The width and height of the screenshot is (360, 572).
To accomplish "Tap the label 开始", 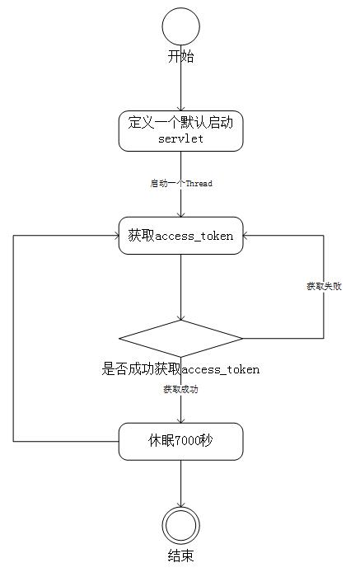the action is coord(181,57).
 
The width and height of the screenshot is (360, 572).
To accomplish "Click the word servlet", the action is coord(181,139).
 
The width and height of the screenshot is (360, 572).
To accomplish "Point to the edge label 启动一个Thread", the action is coord(181,183).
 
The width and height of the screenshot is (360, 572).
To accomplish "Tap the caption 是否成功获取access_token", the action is coord(180,369).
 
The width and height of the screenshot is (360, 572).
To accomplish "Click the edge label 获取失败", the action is coord(324,286).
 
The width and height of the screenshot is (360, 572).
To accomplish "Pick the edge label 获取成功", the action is coord(181,389).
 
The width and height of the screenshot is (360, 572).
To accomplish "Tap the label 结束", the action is coord(181,556).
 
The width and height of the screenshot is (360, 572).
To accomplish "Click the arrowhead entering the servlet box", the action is coord(181,108).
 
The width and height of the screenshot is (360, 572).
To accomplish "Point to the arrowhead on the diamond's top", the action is coord(181,317).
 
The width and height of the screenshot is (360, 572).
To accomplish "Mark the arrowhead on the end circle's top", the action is coord(181,504).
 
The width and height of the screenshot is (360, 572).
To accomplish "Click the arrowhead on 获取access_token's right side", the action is coord(245,236).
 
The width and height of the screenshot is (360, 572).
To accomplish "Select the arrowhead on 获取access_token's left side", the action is coord(116,236).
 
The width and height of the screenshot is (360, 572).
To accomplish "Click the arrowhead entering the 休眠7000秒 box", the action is coord(181,420).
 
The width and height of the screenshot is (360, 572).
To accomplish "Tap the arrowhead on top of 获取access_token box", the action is coord(181,214).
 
